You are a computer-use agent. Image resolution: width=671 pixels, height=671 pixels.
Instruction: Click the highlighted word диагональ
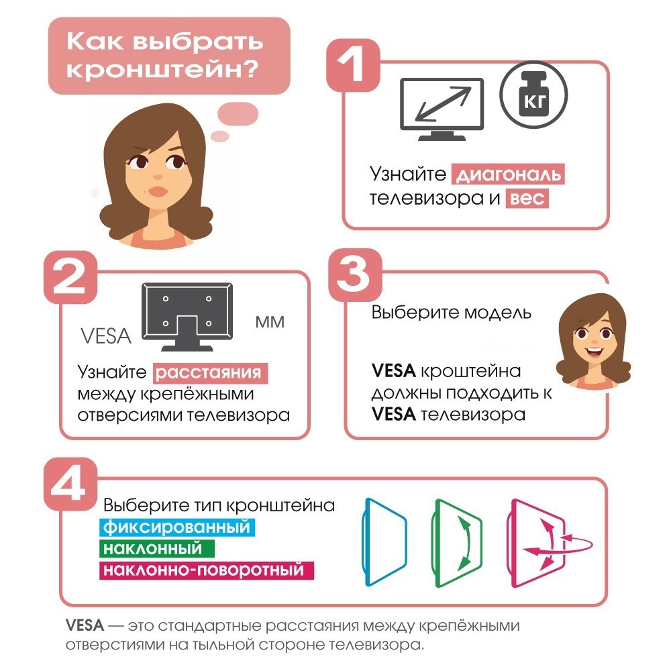[x=508, y=175]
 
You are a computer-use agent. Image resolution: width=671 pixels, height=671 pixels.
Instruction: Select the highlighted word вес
[x=527, y=199]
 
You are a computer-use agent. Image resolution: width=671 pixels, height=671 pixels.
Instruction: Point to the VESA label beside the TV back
[x=105, y=335]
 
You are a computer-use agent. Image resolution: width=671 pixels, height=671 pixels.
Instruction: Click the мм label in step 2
[x=270, y=323]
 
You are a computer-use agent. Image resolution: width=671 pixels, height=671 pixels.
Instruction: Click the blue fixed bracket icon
[x=384, y=542]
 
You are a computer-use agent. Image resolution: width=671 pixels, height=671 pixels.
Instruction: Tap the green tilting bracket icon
[x=456, y=542]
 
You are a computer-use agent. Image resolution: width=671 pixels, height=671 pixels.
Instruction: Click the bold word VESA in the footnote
[x=85, y=626]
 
